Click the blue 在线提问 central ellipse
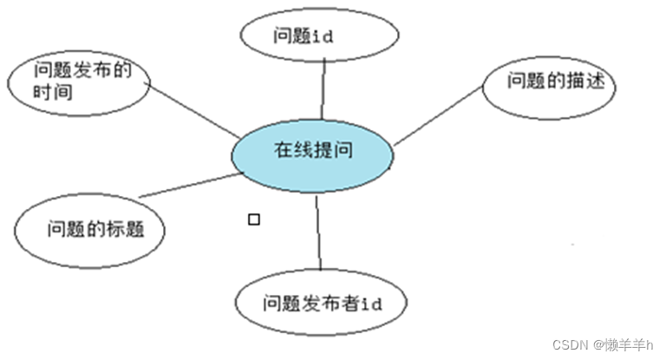tap(313, 154)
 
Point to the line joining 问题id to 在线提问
tap(323, 90)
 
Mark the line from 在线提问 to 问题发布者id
tap(318, 232)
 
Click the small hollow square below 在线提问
tap(253, 219)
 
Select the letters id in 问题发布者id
tap(372, 304)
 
